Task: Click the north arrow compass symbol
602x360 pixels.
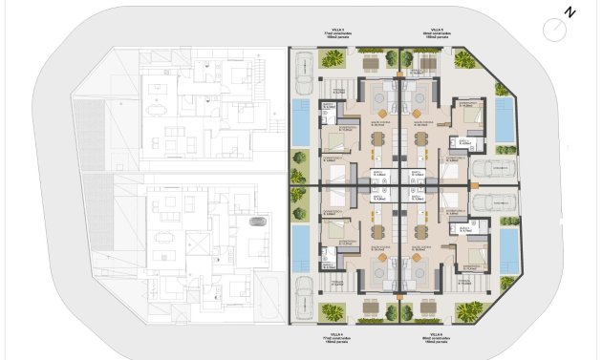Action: tap(553, 30)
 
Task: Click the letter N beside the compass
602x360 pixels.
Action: tap(570, 12)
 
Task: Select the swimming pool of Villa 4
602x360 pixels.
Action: tap(301, 246)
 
